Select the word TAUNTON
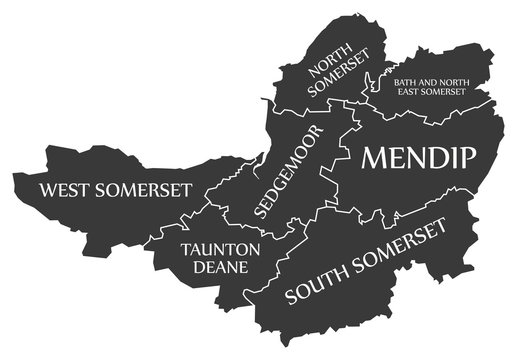221,248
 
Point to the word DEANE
221,267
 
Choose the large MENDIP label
418,156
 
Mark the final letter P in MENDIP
467,156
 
